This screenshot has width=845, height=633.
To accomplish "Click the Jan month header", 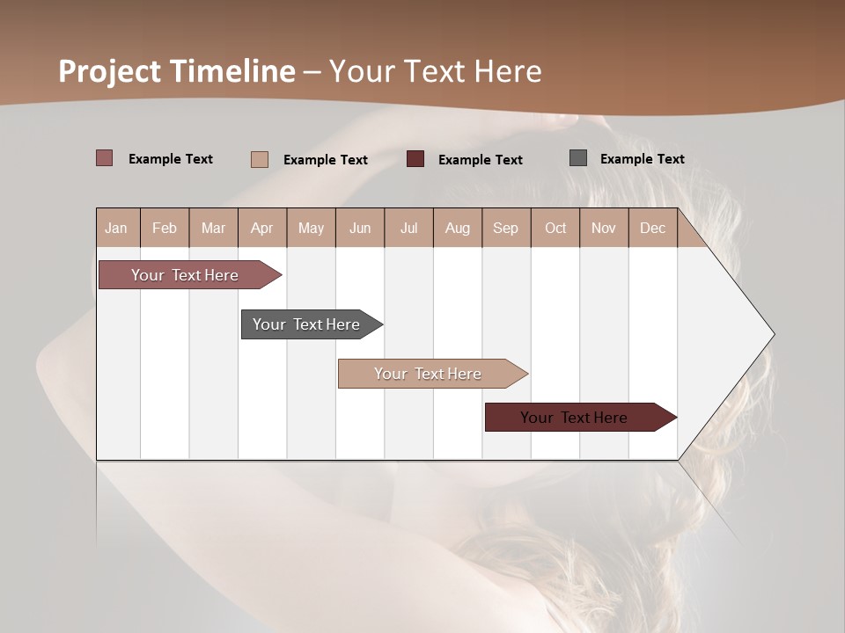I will click(x=117, y=228).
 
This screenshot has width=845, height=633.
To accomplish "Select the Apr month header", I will click(x=262, y=228).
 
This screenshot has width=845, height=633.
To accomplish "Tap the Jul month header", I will click(x=408, y=228).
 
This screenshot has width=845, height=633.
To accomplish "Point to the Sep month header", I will click(x=505, y=228).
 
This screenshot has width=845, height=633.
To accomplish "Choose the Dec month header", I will click(x=652, y=228).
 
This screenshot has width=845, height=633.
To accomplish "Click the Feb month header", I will click(x=165, y=228).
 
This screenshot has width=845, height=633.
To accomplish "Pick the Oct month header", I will click(x=555, y=228).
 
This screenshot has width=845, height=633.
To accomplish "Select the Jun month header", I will click(x=360, y=228).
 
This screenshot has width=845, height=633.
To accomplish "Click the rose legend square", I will click(x=104, y=158).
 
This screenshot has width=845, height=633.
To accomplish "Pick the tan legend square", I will click(x=259, y=159).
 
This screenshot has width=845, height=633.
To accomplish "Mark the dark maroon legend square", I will click(x=415, y=159).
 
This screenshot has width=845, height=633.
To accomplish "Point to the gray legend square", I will click(x=578, y=158).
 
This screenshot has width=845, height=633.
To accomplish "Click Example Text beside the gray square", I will click(x=642, y=159).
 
